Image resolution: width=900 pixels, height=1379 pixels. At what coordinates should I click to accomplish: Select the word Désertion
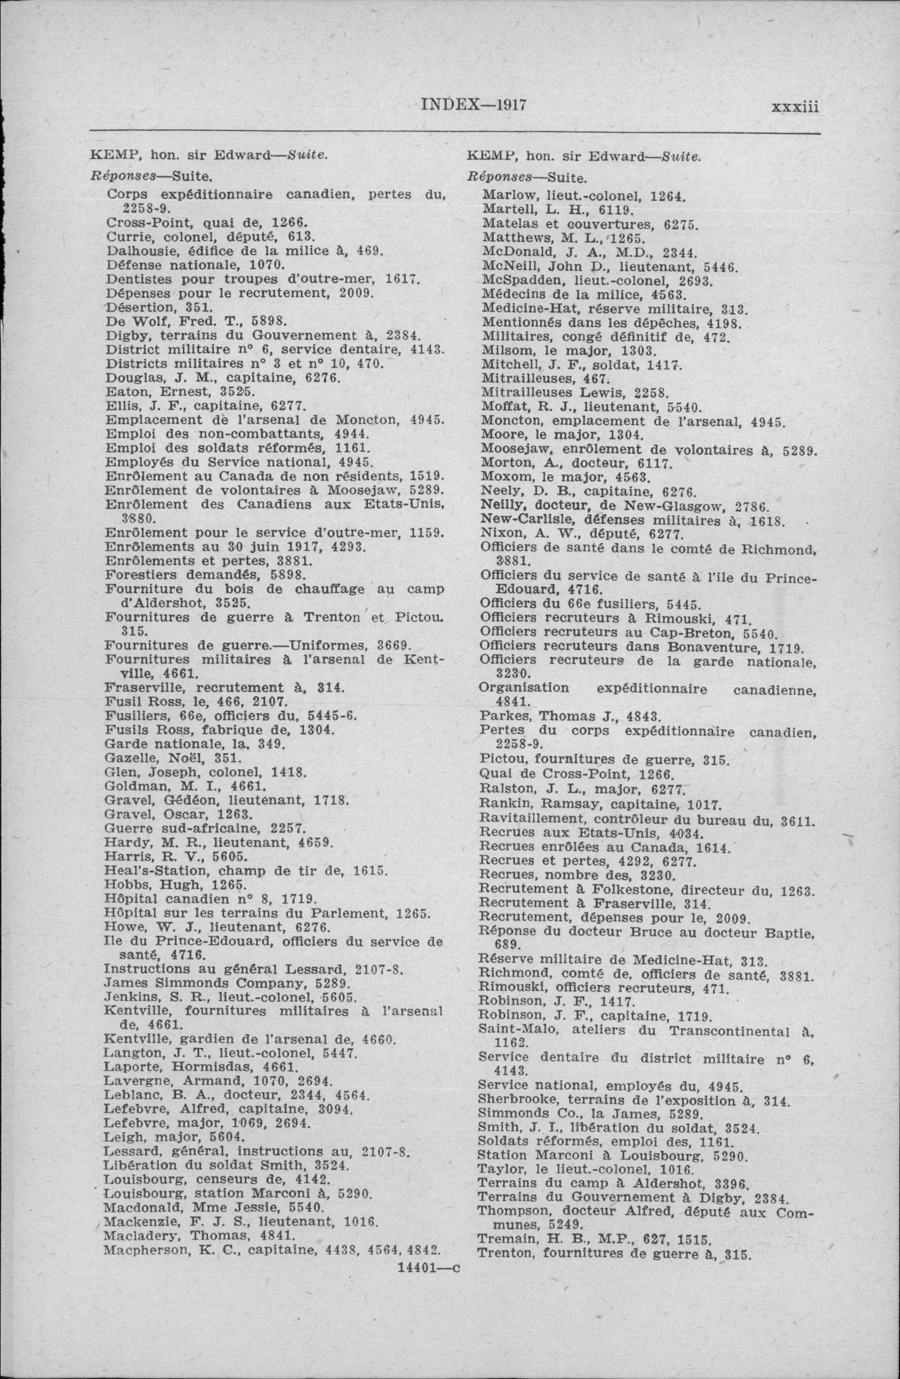point(133,307)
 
